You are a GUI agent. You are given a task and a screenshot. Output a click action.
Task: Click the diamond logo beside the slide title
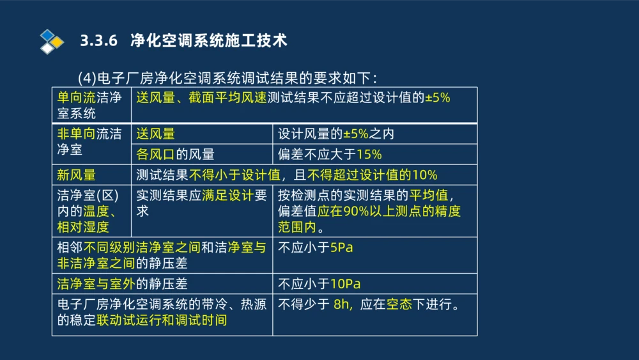[52, 41]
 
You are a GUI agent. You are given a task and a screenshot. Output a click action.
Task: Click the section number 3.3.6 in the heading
[100, 41]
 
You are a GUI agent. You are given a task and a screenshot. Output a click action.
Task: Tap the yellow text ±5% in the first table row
[438, 98]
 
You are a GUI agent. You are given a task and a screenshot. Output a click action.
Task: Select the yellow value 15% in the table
[369, 154]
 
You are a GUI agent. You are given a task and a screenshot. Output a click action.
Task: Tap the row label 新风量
[76, 175]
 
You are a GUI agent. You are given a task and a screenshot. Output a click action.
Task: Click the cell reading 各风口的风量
[175, 154]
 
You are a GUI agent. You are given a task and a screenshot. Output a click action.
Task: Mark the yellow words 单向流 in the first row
[76, 98]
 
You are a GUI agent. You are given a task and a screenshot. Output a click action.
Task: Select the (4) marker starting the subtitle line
[86, 78]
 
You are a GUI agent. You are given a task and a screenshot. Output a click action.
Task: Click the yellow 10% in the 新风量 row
[424, 175]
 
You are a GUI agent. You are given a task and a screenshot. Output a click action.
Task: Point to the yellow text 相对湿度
[83, 226]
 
